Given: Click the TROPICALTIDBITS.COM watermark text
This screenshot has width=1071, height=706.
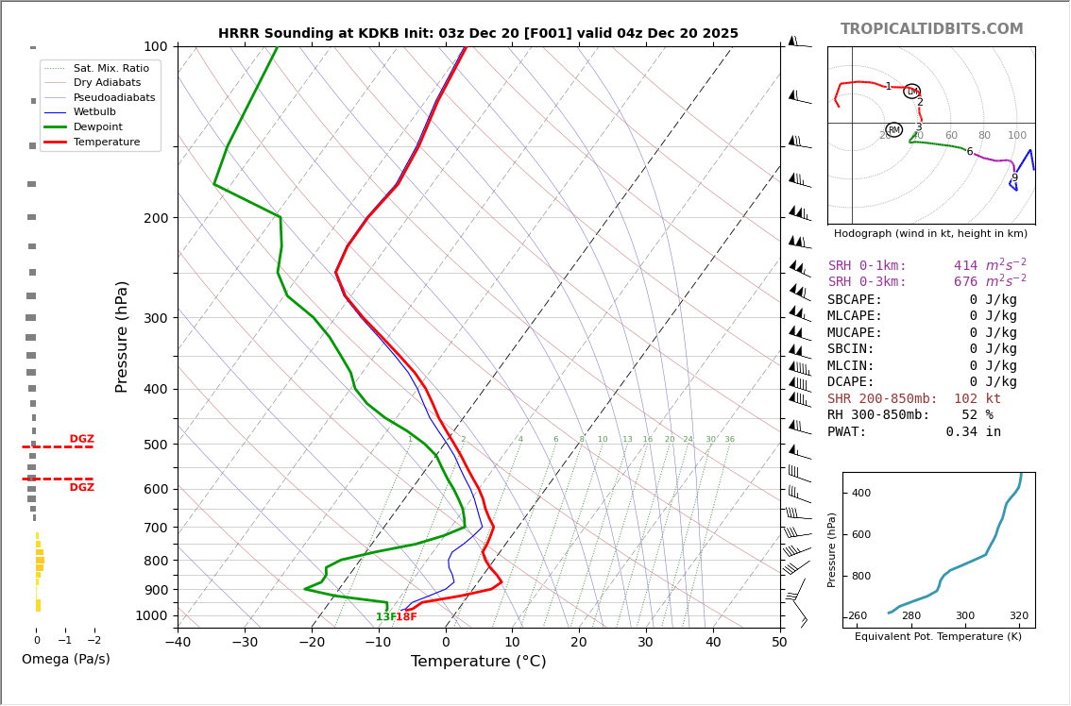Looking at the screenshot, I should point(931,29).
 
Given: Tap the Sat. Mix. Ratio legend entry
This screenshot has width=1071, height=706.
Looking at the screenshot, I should point(110,68).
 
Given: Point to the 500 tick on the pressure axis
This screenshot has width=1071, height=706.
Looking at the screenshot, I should point(155,445).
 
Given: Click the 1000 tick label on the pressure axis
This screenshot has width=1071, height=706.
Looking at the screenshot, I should point(151,615).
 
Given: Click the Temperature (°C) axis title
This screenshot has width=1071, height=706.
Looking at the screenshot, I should point(478,663).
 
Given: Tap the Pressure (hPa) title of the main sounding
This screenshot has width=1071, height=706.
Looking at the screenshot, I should point(122,336).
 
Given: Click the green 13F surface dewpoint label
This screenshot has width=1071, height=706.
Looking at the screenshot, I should point(385,617).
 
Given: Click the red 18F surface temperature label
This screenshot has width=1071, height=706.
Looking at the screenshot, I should point(406,617).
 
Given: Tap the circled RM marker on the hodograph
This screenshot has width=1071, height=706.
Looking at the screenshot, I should point(893,130).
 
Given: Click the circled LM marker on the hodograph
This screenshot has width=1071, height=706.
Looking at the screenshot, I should point(911,92).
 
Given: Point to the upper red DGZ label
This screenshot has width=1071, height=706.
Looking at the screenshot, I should point(81,439).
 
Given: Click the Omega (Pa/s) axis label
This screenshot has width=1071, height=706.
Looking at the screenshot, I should point(65,660).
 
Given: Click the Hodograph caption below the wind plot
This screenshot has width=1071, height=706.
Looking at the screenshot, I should point(930,233).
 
